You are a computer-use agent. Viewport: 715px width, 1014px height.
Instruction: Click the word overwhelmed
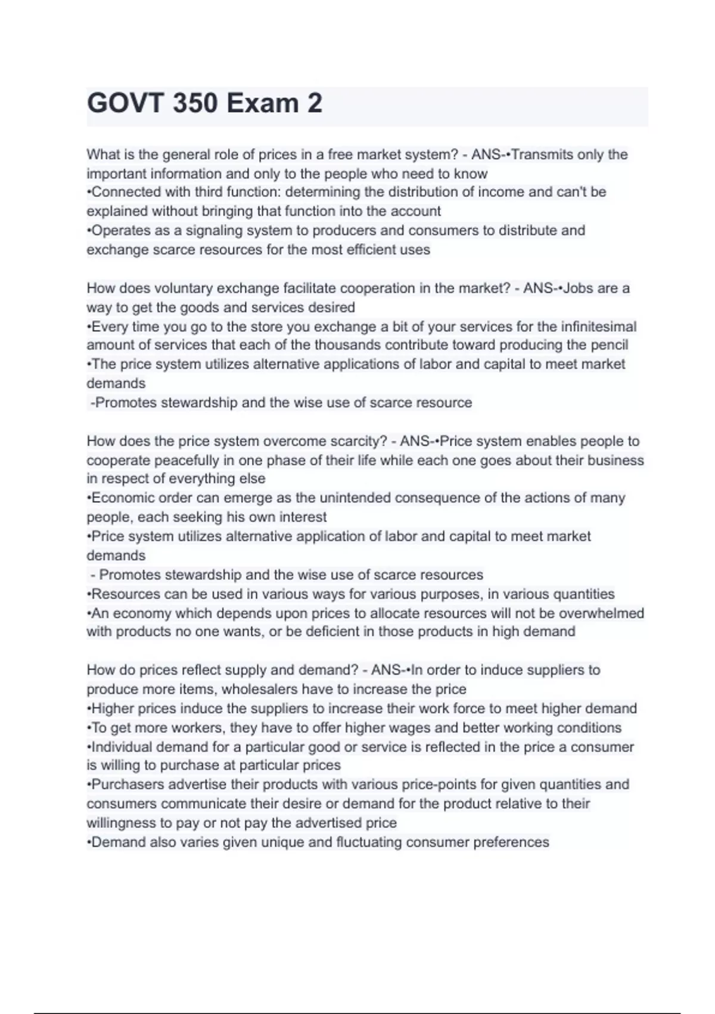tap(602, 613)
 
